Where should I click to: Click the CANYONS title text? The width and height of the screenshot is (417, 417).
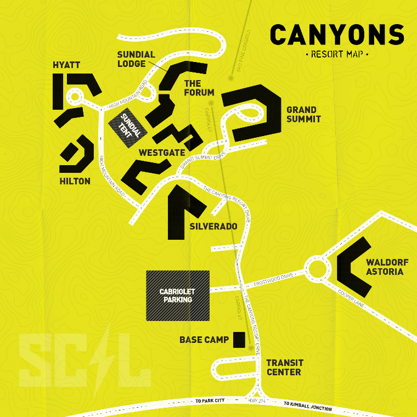[337, 35]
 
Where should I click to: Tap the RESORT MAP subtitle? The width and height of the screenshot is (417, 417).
[336, 54]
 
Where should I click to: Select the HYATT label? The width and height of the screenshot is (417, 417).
[66, 65]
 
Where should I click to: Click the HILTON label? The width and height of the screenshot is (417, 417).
[75, 181]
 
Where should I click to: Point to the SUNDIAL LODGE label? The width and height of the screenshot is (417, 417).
[136, 59]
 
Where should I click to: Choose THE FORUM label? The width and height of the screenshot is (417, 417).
[199, 88]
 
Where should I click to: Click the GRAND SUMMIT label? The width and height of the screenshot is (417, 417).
[303, 114]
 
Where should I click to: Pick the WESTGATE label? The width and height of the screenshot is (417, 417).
[162, 153]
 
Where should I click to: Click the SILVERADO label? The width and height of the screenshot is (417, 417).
[213, 226]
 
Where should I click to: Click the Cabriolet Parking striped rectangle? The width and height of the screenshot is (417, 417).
[177, 295]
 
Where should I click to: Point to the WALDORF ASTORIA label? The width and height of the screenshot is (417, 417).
[385, 267]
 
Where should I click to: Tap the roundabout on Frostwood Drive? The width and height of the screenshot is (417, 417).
[317, 269]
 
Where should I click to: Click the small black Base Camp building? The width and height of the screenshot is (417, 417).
[239, 340]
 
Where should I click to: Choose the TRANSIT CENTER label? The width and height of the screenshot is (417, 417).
[284, 367]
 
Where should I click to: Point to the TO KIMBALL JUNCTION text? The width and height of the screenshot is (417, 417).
[307, 406]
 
